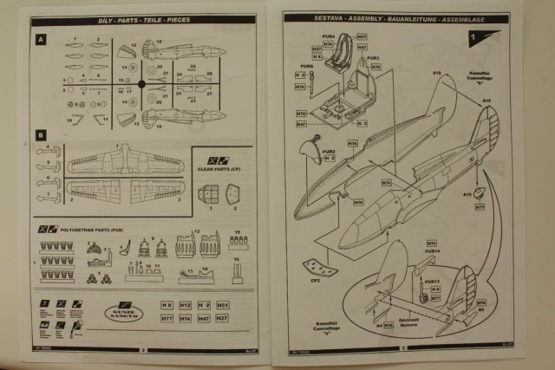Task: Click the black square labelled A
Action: [41, 40]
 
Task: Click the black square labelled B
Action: [41, 135]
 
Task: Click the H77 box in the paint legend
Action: [165, 319]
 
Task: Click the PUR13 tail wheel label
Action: [432, 282]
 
